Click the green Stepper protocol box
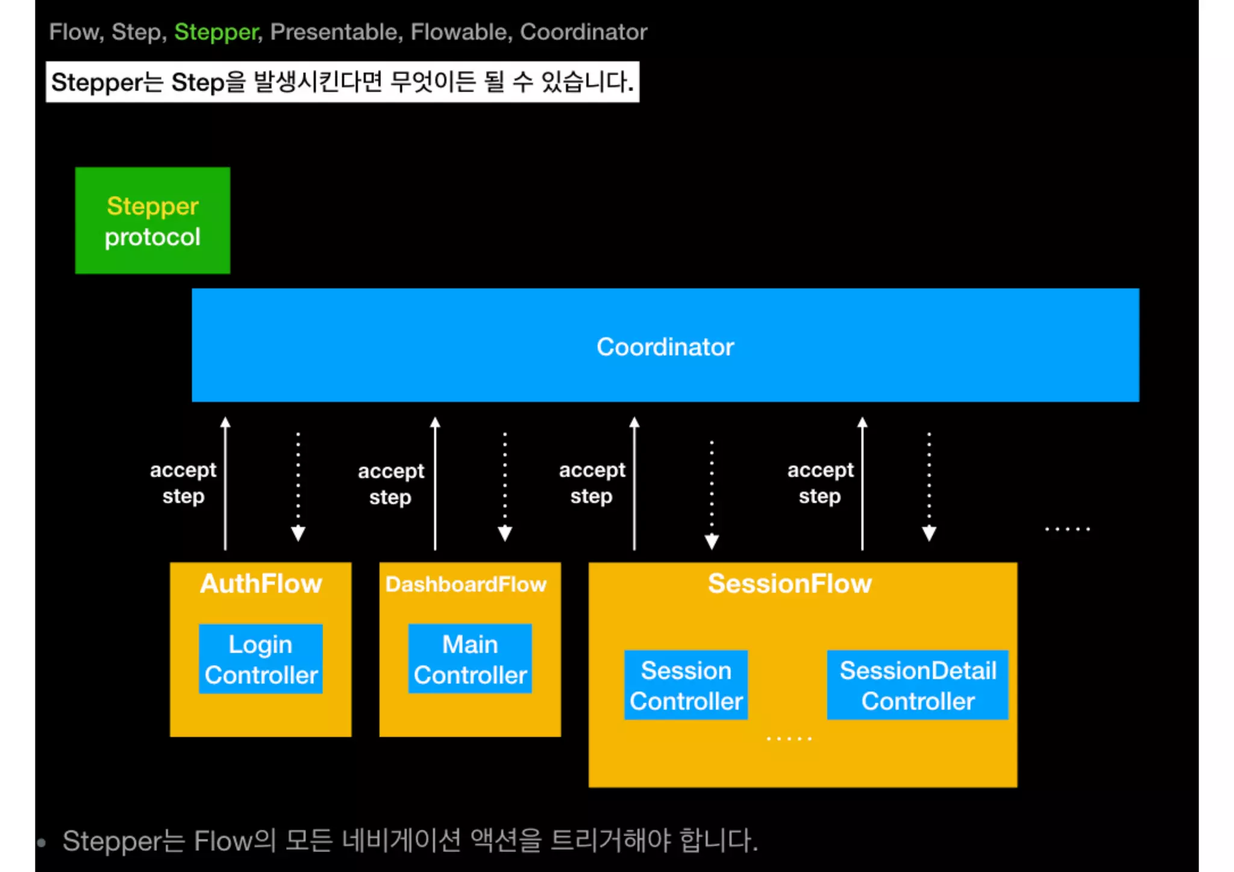click(152, 221)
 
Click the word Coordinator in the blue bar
click(665, 347)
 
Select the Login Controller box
click(260, 659)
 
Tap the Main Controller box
click(470, 659)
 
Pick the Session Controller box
click(686, 685)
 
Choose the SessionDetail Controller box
click(917, 685)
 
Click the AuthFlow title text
click(261, 583)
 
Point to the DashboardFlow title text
click(466, 584)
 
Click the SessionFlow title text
click(789, 583)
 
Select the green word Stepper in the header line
click(216, 32)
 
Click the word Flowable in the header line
click(459, 32)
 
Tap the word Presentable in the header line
click(334, 32)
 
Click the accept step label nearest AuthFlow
click(183, 483)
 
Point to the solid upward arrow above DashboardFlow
click(435, 482)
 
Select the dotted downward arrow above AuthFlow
click(298, 486)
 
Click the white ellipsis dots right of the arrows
click(1067, 529)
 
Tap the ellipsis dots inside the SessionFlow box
click(789, 738)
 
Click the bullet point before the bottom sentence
click(42, 842)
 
